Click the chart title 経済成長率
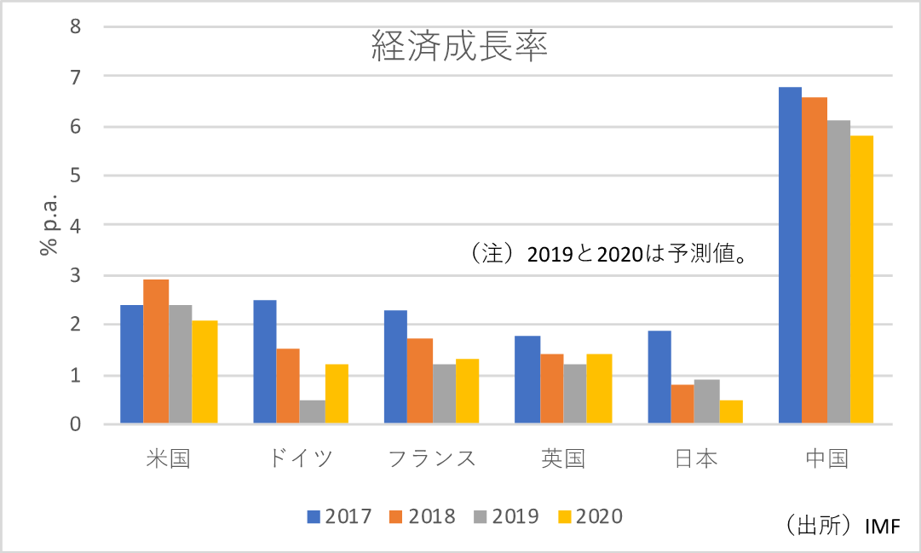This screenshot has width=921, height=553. click(459, 45)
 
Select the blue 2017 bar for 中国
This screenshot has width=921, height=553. click(790, 255)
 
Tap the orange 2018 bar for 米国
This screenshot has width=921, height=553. click(156, 351)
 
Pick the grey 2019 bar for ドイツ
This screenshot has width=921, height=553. click(312, 412)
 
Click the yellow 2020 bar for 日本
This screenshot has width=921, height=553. click(731, 412)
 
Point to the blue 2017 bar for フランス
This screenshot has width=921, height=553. click(395, 366)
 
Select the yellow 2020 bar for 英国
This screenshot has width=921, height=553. click(600, 389)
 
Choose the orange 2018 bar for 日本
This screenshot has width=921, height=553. click(682, 404)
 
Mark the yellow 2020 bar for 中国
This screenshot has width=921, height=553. click(861, 279)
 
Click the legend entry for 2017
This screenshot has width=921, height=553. click(339, 516)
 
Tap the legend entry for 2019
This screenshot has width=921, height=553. click(505, 516)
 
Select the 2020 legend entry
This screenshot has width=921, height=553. click(590, 516)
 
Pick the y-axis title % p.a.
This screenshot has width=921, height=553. click(48, 224)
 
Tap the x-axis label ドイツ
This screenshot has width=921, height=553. click(301, 458)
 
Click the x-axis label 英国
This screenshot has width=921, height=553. click(563, 458)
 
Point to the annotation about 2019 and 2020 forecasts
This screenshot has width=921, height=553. click(607, 254)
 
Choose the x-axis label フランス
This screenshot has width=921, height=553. click(432, 458)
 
